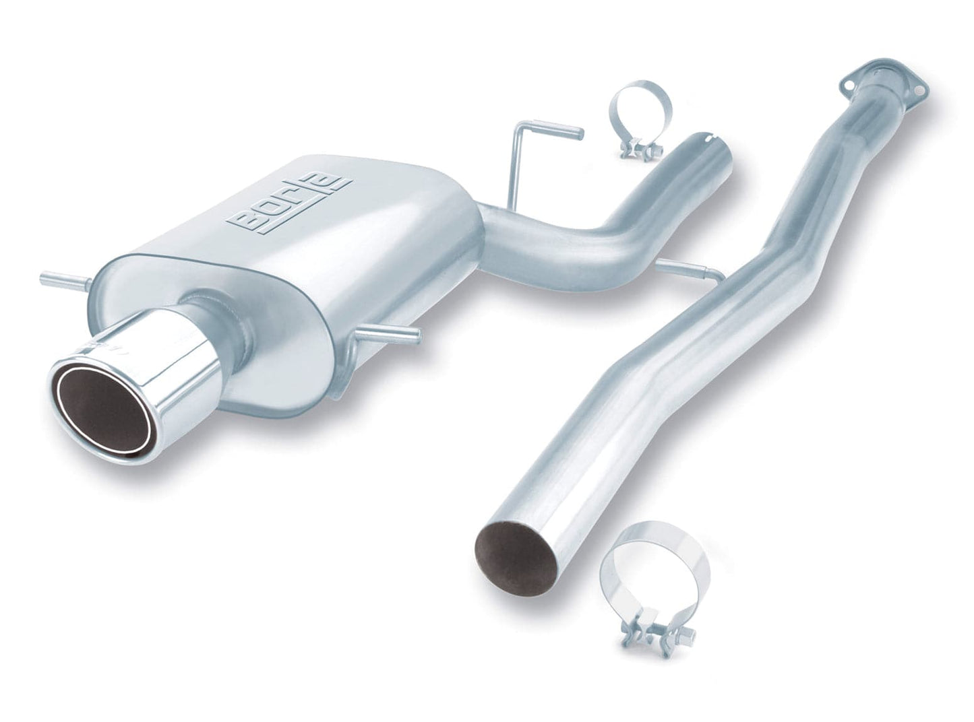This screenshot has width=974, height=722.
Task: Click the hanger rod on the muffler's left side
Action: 65,278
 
